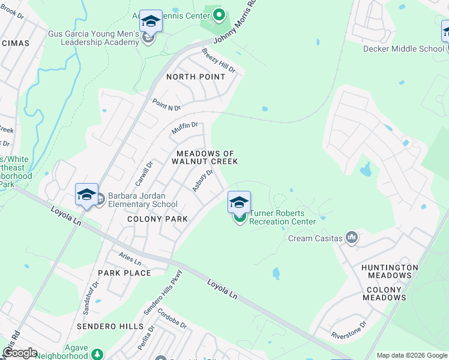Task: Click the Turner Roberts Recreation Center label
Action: [x=282, y=217]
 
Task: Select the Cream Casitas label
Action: [x=315, y=239]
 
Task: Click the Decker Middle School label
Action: [x=403, y=49]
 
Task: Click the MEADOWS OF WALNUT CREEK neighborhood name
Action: [x=205, y=158]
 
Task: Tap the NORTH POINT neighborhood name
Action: [x=196, y=77]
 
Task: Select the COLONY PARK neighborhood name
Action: [x=157, y=220]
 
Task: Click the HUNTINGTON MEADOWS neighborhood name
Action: [x=390, y=271]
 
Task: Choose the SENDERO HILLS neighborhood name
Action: [x=110, y=326]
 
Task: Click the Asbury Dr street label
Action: [x=203, y=181]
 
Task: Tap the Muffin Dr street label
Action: [x=184, y=128]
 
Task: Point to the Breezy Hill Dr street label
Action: [x=218, y=61]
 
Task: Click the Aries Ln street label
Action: [x=130, y=259]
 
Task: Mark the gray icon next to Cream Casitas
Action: [x=352, y=239]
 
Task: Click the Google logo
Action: [x=20, y=353]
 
